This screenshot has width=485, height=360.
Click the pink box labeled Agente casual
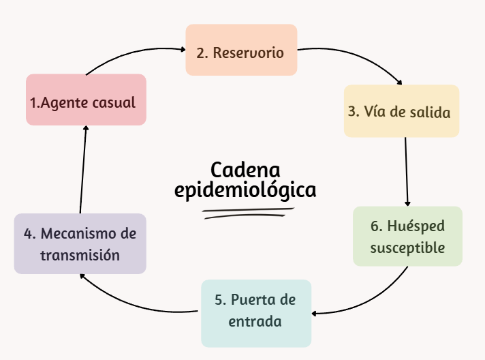click(86, 100)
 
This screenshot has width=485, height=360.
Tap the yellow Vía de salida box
click(401, 110)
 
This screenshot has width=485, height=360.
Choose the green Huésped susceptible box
click(407, 236)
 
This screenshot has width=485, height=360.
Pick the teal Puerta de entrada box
click(256, 313)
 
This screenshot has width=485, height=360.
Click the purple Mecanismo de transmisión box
click(80, 244)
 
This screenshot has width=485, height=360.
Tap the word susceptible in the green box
click(407, 247)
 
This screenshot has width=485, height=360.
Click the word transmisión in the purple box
click(80, 256)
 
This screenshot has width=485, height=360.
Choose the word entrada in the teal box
click(255, 321)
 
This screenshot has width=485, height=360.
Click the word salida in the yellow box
click(430, 112)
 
